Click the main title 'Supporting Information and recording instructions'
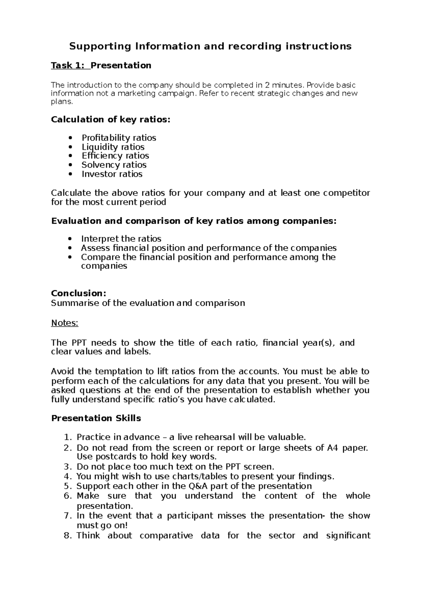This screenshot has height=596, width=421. [x=210, y=46]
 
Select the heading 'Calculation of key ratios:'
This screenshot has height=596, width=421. [x=111, y=120]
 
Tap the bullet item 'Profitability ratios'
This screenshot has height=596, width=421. [x=119, y=138]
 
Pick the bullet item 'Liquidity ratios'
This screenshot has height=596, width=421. [x=113, y=147]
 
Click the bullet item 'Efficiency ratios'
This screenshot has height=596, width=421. [x=115, y=156]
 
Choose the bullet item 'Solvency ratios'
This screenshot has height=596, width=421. [x=114, y=165]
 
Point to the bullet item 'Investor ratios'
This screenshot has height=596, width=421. [x=112, y=174]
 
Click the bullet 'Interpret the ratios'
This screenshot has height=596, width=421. [x=121, y=239]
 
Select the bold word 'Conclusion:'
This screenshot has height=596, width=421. [x=79, y=293]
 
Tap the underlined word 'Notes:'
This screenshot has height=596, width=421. [x=65, y=323]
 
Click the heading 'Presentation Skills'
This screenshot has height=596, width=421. [x=96, y=418]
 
